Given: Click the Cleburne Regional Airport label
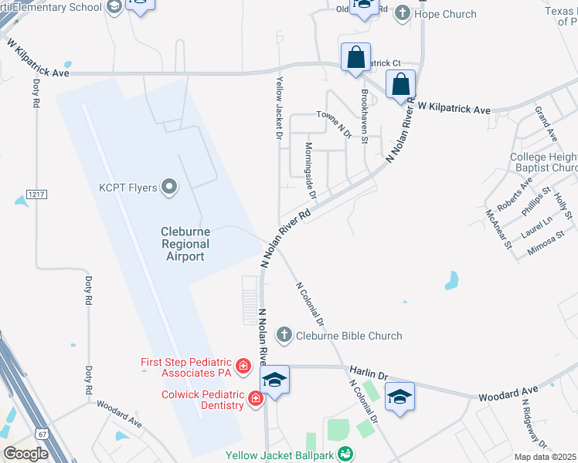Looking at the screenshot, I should [x=185, y=244].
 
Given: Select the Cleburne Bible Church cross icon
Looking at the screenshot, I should [x=284, y=336].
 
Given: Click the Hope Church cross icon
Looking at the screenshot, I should [x=402, y=12].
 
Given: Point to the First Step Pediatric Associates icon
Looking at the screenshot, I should [x=243, y=367].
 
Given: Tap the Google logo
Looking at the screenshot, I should [x=26, y=454].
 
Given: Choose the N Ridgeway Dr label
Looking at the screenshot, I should [x=534, y=423].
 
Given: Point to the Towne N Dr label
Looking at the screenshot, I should [x=333, y=123].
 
